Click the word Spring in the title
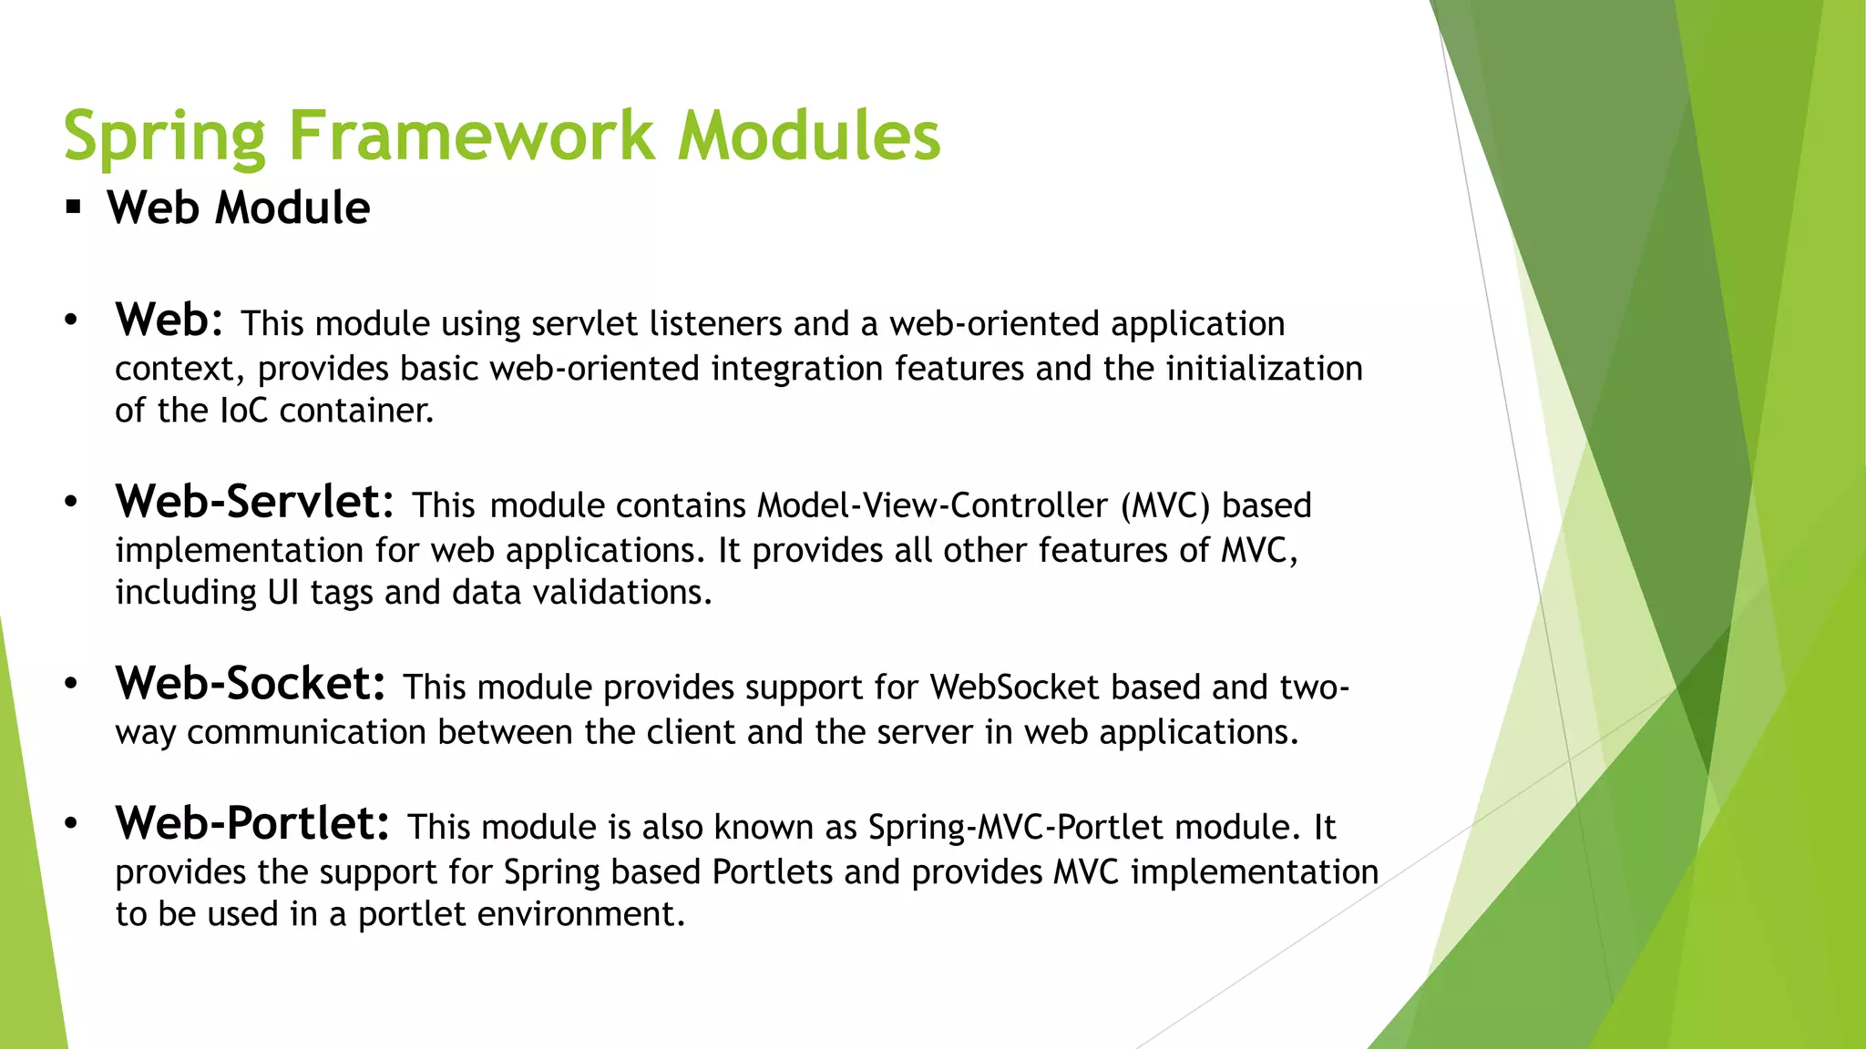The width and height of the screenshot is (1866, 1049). point(164,137)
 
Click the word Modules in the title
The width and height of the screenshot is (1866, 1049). point(808,137)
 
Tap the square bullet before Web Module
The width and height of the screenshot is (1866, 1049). point(74,208)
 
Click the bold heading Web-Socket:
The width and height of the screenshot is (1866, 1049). point(251,684)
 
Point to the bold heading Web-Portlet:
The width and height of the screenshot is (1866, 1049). point(252,823)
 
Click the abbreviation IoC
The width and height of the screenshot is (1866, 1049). point(244,411)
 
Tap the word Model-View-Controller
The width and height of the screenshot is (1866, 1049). point(932,505)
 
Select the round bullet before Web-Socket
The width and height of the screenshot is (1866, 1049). point(71,685)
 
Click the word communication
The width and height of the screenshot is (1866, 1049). point(306,733)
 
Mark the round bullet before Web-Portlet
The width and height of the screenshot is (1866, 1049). point(71,824)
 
